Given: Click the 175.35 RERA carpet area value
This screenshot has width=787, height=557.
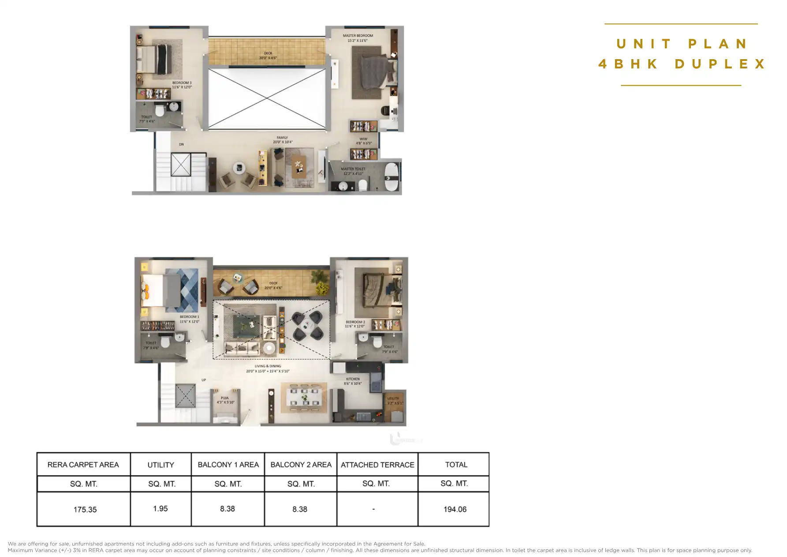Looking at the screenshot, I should point(85,509).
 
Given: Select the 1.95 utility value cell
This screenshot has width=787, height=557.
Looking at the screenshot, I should point(160,508).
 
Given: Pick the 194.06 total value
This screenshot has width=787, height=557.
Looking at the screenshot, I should point(455,509).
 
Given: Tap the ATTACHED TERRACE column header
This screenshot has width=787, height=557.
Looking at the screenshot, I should point(377,465).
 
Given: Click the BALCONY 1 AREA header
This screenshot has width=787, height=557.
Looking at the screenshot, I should point(228,465).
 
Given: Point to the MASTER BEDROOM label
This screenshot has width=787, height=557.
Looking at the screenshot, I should point(358,36).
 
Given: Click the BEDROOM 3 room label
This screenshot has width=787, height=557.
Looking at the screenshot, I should point(182,83).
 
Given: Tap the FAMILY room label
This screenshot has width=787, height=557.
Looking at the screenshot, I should point(282,138).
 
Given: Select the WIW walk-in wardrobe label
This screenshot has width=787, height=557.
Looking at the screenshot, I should point(363,139).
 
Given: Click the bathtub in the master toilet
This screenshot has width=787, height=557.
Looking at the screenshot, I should point(391,177).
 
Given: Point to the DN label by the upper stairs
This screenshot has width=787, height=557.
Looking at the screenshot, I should point(181,144).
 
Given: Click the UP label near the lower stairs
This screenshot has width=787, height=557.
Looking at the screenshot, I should point(204,380).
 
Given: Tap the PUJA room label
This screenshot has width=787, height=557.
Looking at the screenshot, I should point(225,398).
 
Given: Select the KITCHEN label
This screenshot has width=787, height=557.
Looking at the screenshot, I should point(353,379).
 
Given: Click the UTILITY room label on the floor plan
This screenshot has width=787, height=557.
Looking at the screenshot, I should point(393,399).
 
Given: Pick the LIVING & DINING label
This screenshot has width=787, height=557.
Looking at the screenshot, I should point(268,366).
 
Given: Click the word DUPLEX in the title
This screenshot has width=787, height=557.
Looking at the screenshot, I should point(720,64).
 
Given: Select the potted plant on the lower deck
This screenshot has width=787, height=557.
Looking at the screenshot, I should point(321,282).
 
